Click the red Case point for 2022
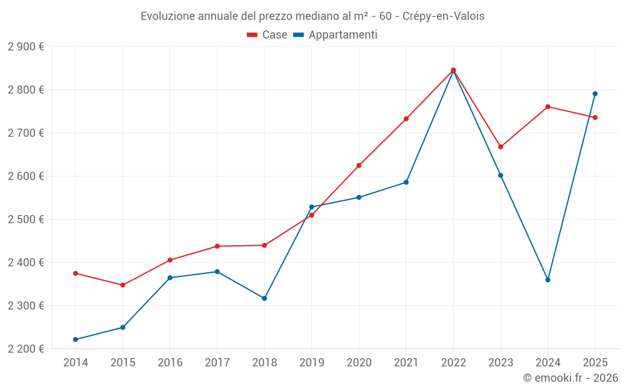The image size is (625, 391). pos(453,70)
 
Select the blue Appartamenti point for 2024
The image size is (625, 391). pos(547,280)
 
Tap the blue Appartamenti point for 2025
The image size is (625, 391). pos(595,94)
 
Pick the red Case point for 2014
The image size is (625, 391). pos(76,273)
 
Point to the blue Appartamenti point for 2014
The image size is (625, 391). pos(76,340)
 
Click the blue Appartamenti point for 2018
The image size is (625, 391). pos(264,298)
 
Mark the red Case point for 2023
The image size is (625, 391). pos(501,147)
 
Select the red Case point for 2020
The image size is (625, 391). pos(359,166)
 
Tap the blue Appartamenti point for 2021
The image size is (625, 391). pos(406,183)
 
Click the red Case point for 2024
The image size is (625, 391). pos(547,107)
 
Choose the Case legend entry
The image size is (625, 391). pos(267,35)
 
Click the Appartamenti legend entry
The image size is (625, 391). pos(336,35)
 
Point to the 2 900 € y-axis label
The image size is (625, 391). pos(26,47)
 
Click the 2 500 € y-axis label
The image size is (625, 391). pos(26,220)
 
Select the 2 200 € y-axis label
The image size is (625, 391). pos(26,349)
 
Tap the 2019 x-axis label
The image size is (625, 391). pos(311,362)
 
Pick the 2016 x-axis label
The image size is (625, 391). pos(170,362)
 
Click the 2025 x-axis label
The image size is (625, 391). pos(595,362)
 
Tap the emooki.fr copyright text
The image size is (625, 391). pos(571,378)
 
